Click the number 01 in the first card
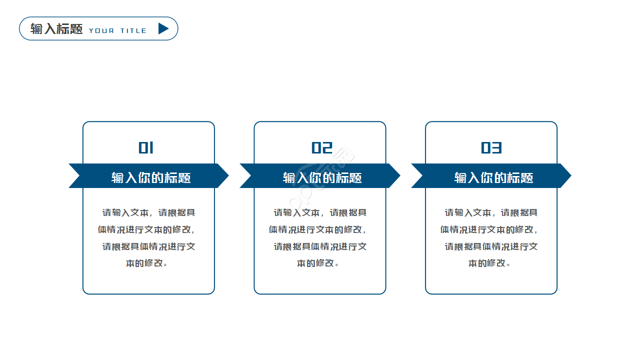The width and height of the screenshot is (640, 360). point(146,147)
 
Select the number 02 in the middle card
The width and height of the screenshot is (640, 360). point(322,147)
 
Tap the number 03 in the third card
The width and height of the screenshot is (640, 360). point(491,147)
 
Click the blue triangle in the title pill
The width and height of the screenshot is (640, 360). point(163,28)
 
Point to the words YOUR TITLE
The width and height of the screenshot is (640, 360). point(118,30)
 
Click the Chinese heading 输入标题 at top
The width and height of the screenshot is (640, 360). point(56,28)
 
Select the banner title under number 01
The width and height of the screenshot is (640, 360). point(151,177)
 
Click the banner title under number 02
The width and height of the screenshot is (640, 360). point(322,177)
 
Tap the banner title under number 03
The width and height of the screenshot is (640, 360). point(494,177)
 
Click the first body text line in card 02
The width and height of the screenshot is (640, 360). point(320,212)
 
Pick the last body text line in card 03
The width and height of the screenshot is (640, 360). point(489,263)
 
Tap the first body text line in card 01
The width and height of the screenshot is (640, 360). point(148,212)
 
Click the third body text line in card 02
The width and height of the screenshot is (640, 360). point(320,246)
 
